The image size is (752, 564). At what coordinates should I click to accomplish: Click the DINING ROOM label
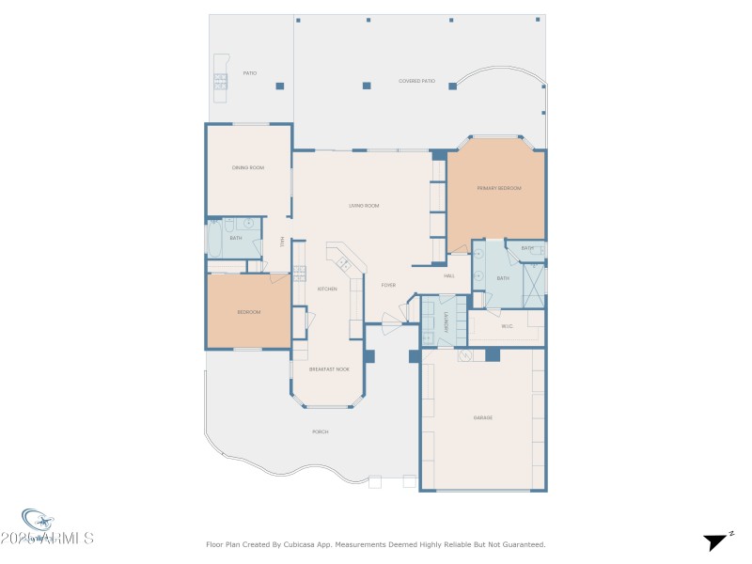click(248, 167)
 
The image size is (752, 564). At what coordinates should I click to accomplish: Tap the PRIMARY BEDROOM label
click(498, 188)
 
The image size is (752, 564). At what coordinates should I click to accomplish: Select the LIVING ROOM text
click(364, 205)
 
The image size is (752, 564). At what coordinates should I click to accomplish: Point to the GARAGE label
click(483, 417)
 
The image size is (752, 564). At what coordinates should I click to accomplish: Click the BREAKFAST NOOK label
click(328, 369)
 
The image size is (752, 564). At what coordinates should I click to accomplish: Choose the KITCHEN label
click(327, 289)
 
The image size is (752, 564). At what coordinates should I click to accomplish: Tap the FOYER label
click(388, 285)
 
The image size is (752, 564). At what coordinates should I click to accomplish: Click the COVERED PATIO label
click(415, 82)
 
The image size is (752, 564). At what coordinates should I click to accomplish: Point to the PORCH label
click(321, 431)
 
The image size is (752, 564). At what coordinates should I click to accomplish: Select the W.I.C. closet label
click(507, 326)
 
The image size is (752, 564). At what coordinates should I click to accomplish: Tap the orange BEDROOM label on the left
click(248, 311)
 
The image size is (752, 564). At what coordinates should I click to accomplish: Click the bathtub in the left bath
click(213, 240)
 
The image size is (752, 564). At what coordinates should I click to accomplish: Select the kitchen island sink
click(344, 264)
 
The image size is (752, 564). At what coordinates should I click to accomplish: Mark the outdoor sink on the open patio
click(220, 82)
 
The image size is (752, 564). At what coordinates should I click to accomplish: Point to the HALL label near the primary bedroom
click(449, 275)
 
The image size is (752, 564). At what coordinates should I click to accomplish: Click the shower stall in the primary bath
click(534, 281)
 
